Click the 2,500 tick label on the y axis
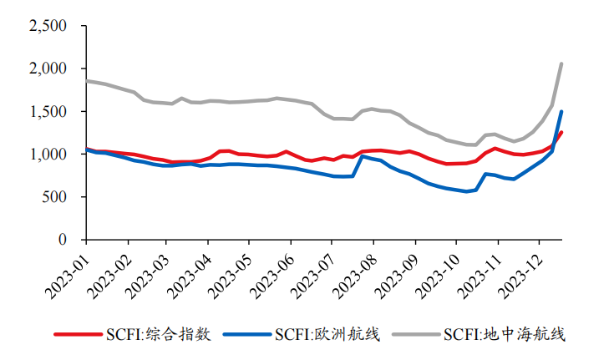tap(48, 26)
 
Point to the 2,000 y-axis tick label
tap(48, 68)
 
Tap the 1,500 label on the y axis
tap(48, 111)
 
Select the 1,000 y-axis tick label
tap(48, 155)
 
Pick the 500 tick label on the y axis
tap(55, 197)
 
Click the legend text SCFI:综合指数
tap(159, 335)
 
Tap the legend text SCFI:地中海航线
tap(505, 335)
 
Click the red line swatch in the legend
tap(77, 335)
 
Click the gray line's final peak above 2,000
tap(561, 64)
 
